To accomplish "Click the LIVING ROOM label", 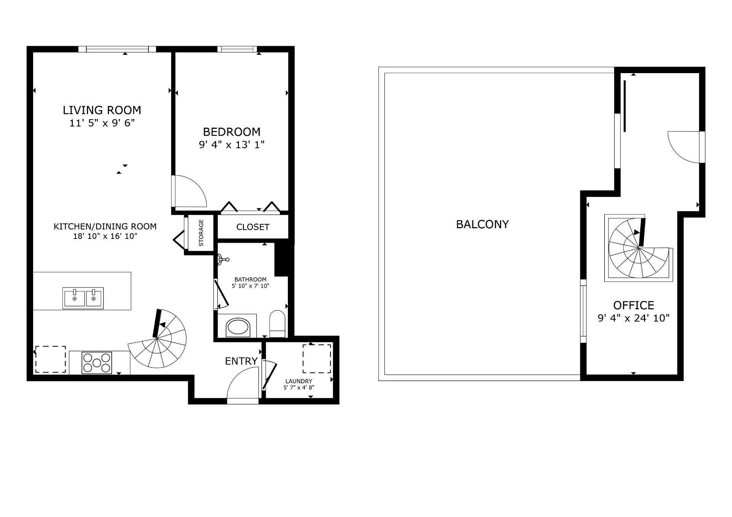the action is click(x=102, y=110).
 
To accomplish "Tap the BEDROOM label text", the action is click(x=232, y=132).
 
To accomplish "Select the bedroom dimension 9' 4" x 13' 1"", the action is click(x=232, y=145).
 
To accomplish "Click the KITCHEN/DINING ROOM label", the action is click(x=105, y=227).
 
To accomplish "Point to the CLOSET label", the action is click(x=253, y=227).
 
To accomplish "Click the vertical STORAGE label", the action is click(x=201, y=233).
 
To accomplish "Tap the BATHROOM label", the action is click(x=250, y=280).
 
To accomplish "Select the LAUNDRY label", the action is click(x=299, y=381).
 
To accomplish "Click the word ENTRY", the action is click(x=241, y=361).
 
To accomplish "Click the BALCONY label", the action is click(x=482, y=224).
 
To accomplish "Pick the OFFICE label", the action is click(x=634, y=305).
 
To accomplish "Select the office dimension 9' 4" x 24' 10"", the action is click(x=634, y=318).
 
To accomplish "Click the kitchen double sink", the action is click(x=83, y=298).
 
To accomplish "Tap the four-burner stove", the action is click(x=97, y=363).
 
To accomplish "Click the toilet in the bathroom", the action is click(x=277, y=324).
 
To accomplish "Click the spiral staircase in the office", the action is click(x=639, y=248).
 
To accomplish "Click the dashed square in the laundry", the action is click(x=317, y=359).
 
